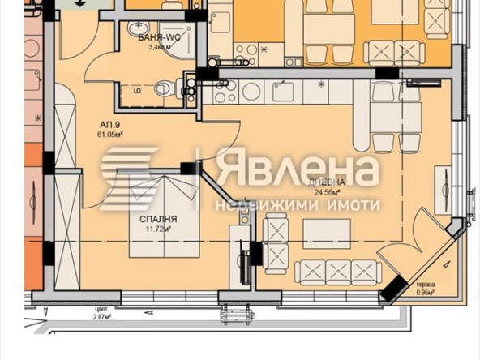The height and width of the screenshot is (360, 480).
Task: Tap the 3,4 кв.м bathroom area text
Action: click(158, 48)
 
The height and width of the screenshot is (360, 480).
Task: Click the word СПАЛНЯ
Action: click(157, 220)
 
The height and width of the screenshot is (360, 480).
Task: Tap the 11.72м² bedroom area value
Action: click(157, 230)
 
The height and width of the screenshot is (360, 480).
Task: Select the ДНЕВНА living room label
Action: click(328, 183)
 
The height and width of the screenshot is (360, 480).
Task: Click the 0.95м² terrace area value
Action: click(426, 293)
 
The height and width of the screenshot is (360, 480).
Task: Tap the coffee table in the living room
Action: click(326, 234)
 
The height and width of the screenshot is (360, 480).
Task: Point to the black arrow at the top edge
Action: click(80, 4)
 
